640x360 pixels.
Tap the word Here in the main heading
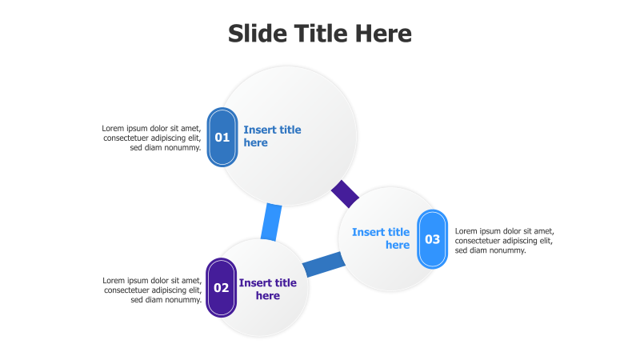382,34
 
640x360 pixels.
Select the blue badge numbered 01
222,137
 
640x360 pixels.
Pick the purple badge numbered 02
221,287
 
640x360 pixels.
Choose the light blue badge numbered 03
432,239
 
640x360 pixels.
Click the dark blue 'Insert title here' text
271,136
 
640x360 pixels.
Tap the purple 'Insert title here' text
267,289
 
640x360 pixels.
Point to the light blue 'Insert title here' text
382,238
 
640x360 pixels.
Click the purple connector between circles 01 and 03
346,194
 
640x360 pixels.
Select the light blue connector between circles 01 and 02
271,222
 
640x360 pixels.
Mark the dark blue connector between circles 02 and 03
323,265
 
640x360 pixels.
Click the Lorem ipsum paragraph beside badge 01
152,138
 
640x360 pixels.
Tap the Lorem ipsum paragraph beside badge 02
152,290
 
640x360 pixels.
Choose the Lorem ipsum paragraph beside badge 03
504,241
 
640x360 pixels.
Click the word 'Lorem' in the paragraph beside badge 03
467,231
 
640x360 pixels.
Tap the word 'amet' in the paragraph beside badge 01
190,128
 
